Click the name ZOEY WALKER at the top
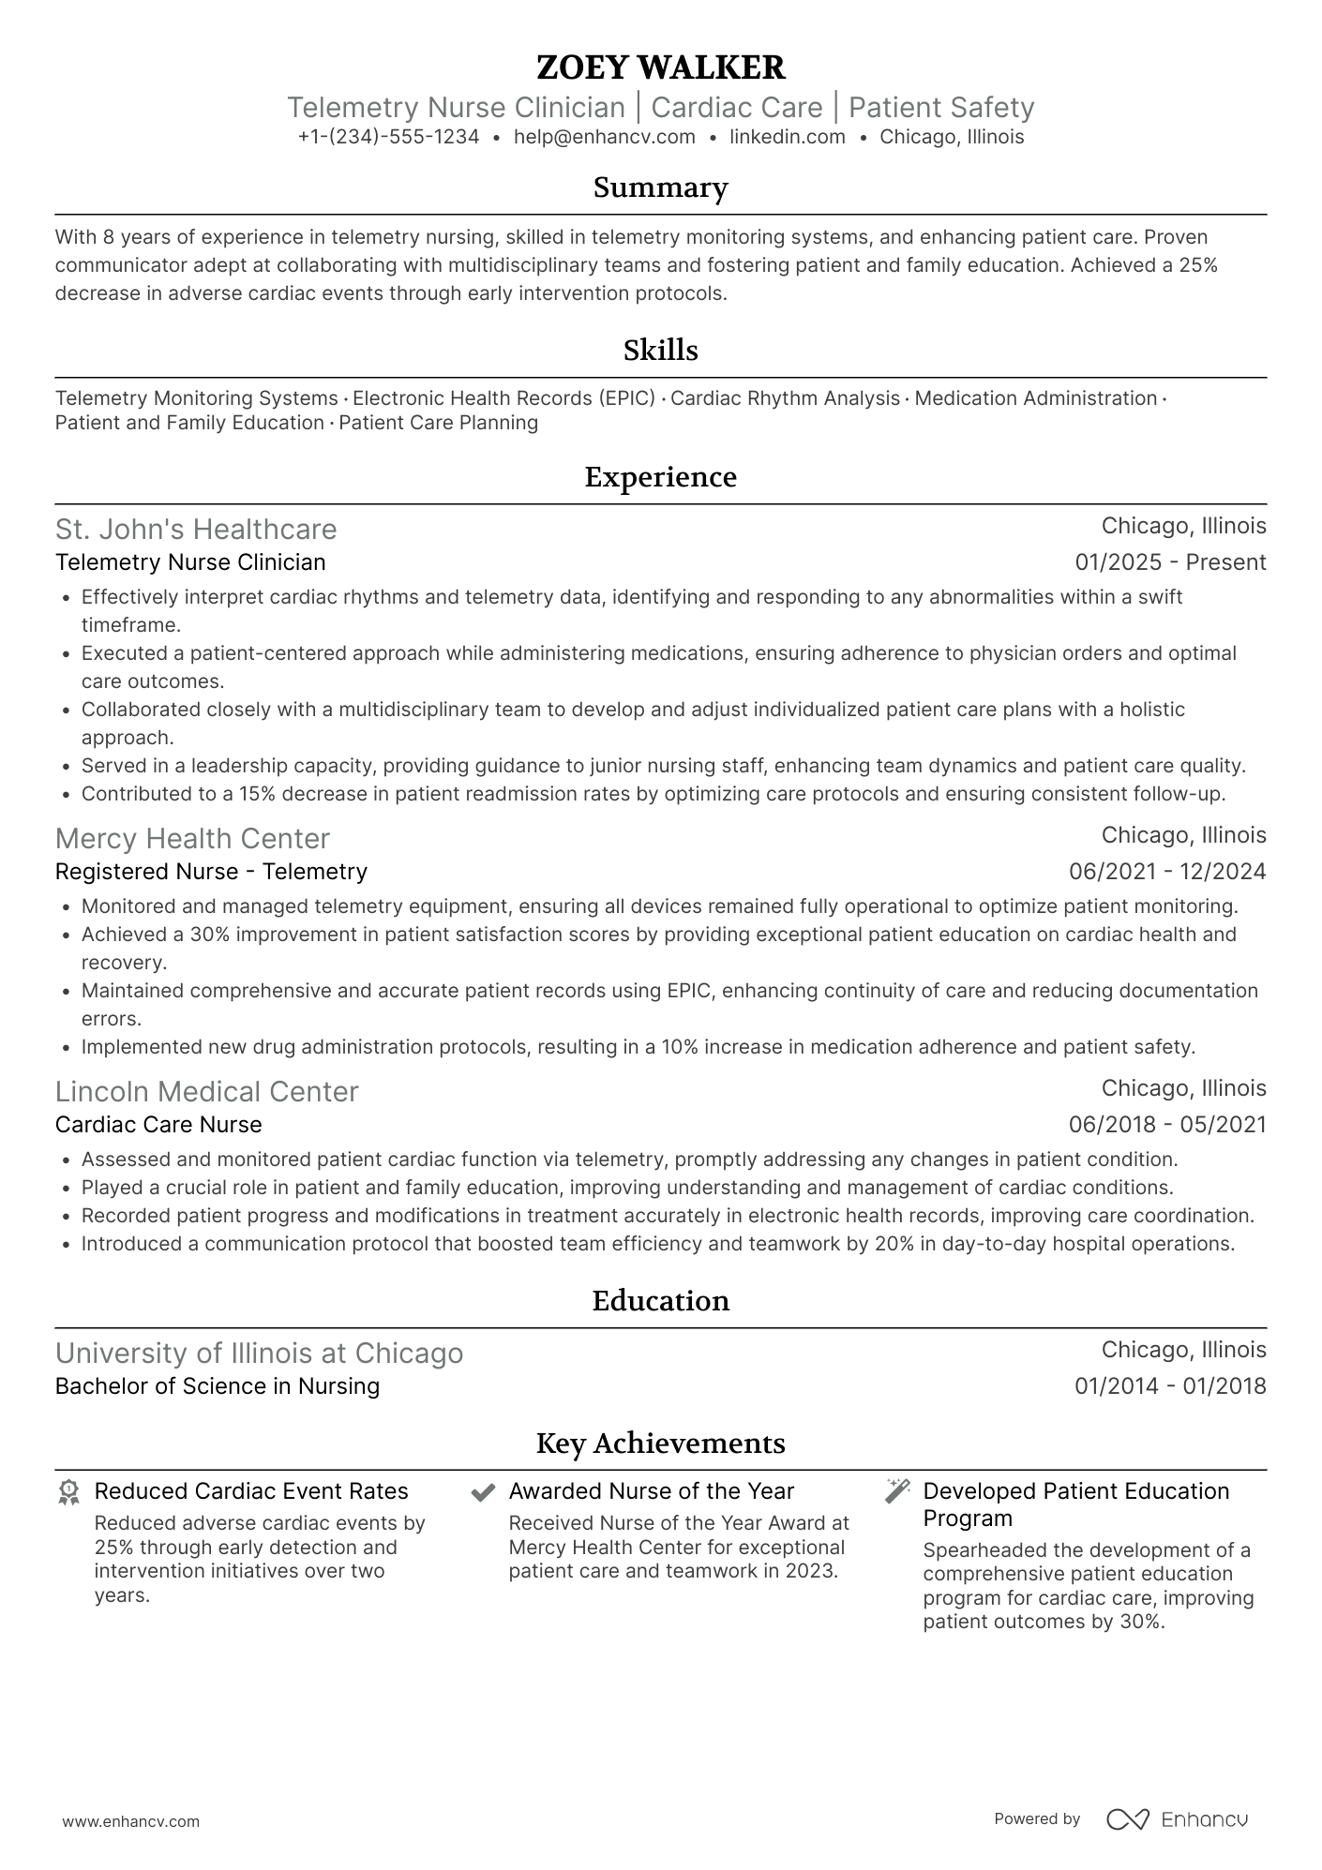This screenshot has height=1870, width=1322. (x=660, y=67)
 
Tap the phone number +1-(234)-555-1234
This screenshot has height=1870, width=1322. (x=388, y=137)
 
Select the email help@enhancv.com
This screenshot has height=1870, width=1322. (x=604, y=137)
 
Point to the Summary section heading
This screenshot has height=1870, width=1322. (x=660, y=187)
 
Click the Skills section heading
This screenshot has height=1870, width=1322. (x=660, y=351)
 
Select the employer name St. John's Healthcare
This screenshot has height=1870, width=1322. (x=196, y=530)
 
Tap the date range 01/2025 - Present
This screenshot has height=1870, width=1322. (x=1170, y=562)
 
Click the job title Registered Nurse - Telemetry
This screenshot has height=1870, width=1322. (x=211, y=872)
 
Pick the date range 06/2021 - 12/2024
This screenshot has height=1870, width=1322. (x=1167, y=872)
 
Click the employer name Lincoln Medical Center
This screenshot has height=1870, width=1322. (x=207, y=1092)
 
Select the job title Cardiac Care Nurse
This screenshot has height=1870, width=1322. (x=158, y=1125)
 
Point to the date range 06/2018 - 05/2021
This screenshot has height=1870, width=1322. (x=1167, y=1125)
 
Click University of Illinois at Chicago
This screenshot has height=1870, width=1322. (x=260, y=1354)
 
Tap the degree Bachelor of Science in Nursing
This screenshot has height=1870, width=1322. (x=218, y=1386)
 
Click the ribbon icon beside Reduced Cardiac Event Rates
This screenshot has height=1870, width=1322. (x=68, y=1492)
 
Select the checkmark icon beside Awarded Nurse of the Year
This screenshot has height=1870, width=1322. (x=483, y=1492)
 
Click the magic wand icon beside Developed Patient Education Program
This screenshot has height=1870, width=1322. (x=897, y=1491)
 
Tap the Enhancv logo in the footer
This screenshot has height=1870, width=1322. (x=1178, y=1819)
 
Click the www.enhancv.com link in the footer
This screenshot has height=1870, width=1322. (x=131, y=1821)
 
